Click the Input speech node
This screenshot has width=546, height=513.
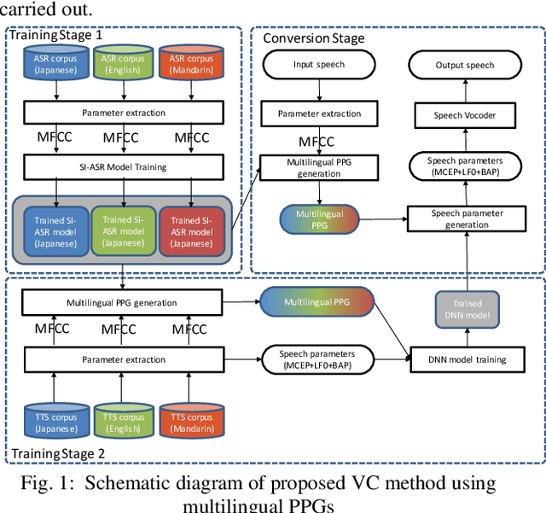pos(319,65)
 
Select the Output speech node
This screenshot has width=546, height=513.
pos(465,65)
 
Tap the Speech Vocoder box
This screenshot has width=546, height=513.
pos(465,116)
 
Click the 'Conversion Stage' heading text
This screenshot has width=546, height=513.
pos(313,38)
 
